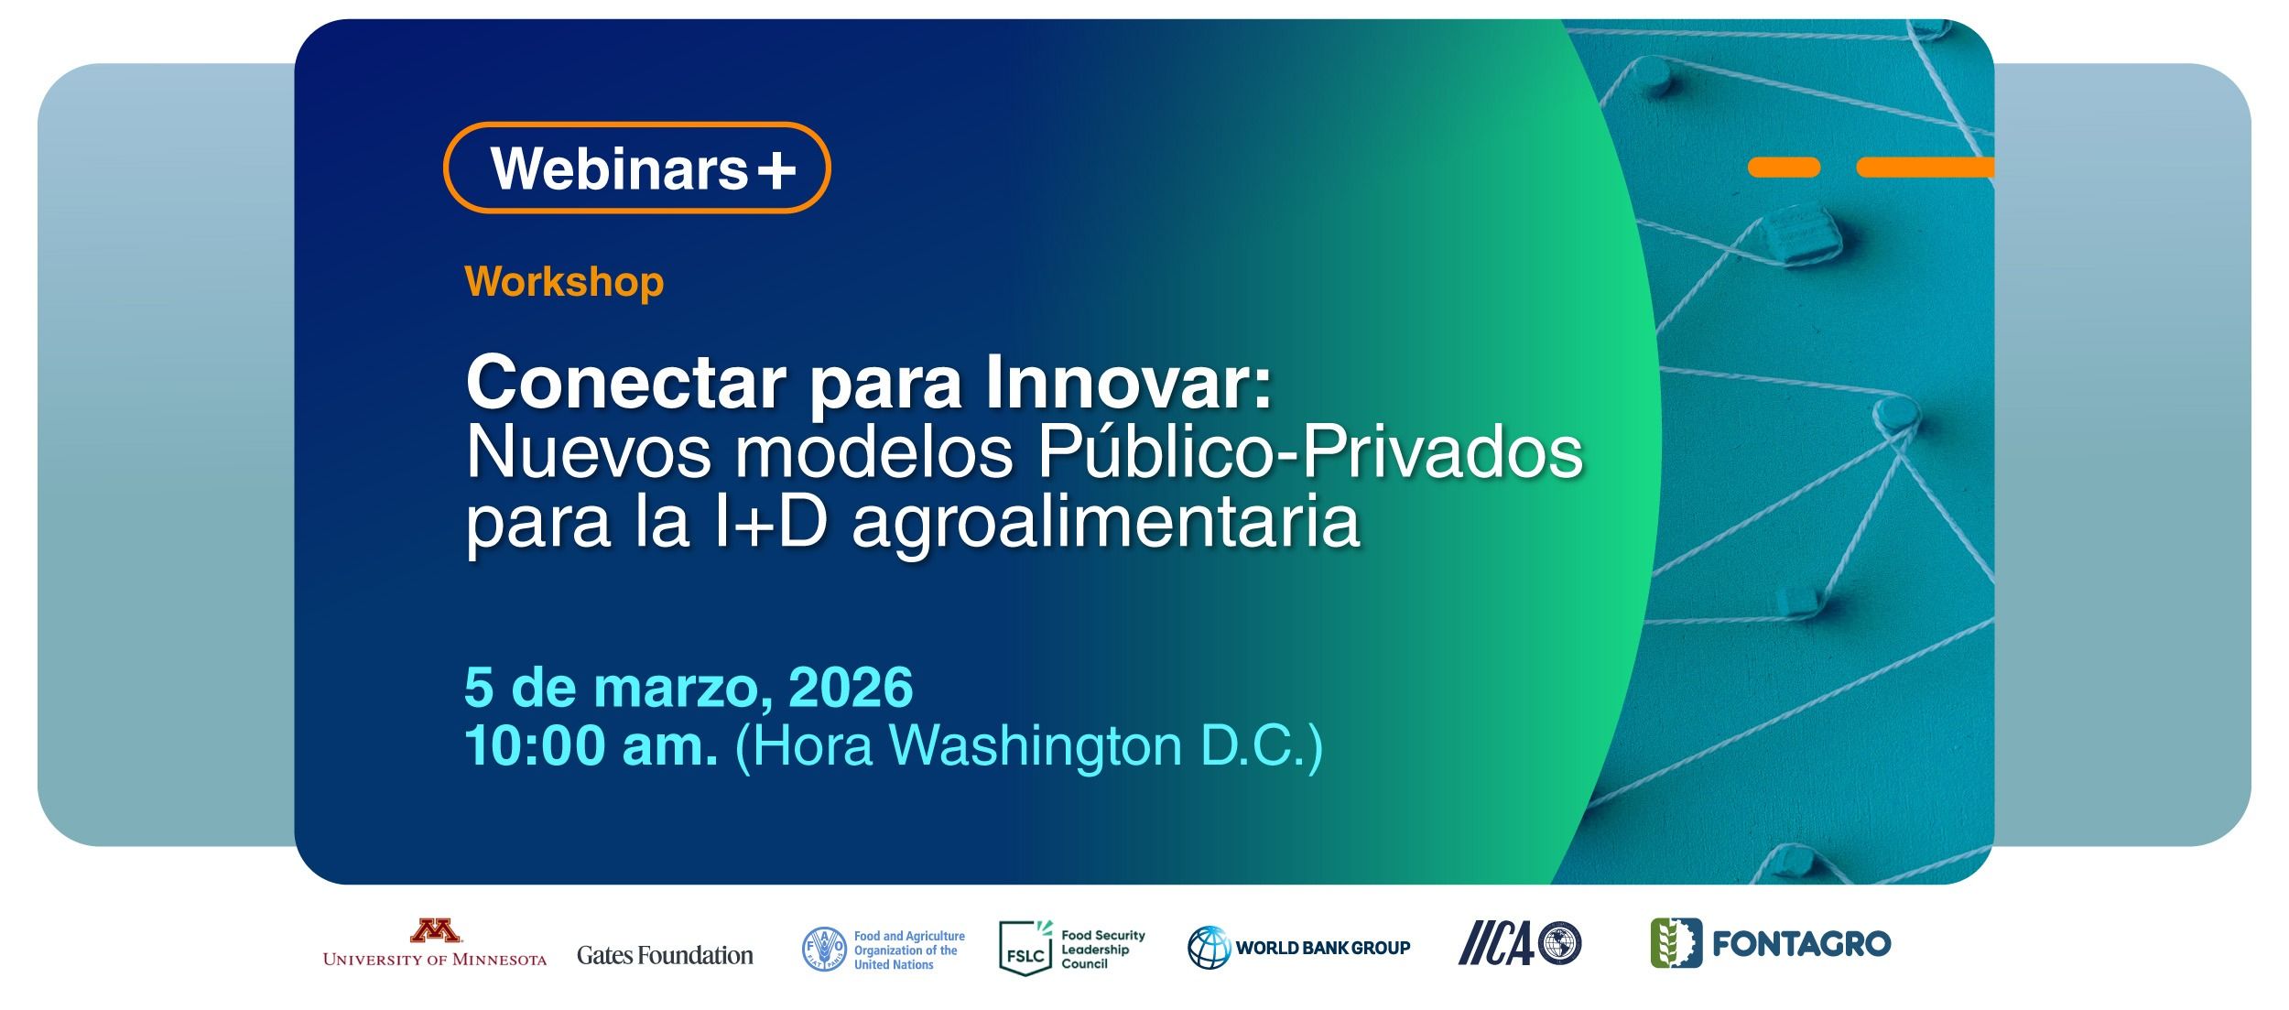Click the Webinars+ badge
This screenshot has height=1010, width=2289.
pos(636,168)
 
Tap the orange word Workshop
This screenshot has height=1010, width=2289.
pos(564,282)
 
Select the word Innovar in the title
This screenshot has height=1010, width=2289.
pos(1129,384)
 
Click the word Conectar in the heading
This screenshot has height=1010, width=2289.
pos(626,384)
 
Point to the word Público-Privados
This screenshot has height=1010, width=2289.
pos(1310,454)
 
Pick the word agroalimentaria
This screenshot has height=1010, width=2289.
pos(1106,525)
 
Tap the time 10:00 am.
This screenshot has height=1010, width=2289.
pos(591,746)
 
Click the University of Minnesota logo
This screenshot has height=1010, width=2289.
pos(435,943)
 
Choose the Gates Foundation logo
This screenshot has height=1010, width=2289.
pos(665,955)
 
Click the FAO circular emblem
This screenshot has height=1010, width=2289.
pos(824,950)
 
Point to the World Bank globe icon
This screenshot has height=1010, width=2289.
pos(1209,948)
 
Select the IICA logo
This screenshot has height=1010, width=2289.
pos(1520,944)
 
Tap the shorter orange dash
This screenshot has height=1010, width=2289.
pos(1784,168)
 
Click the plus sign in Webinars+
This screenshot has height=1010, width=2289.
pos(776,170)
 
